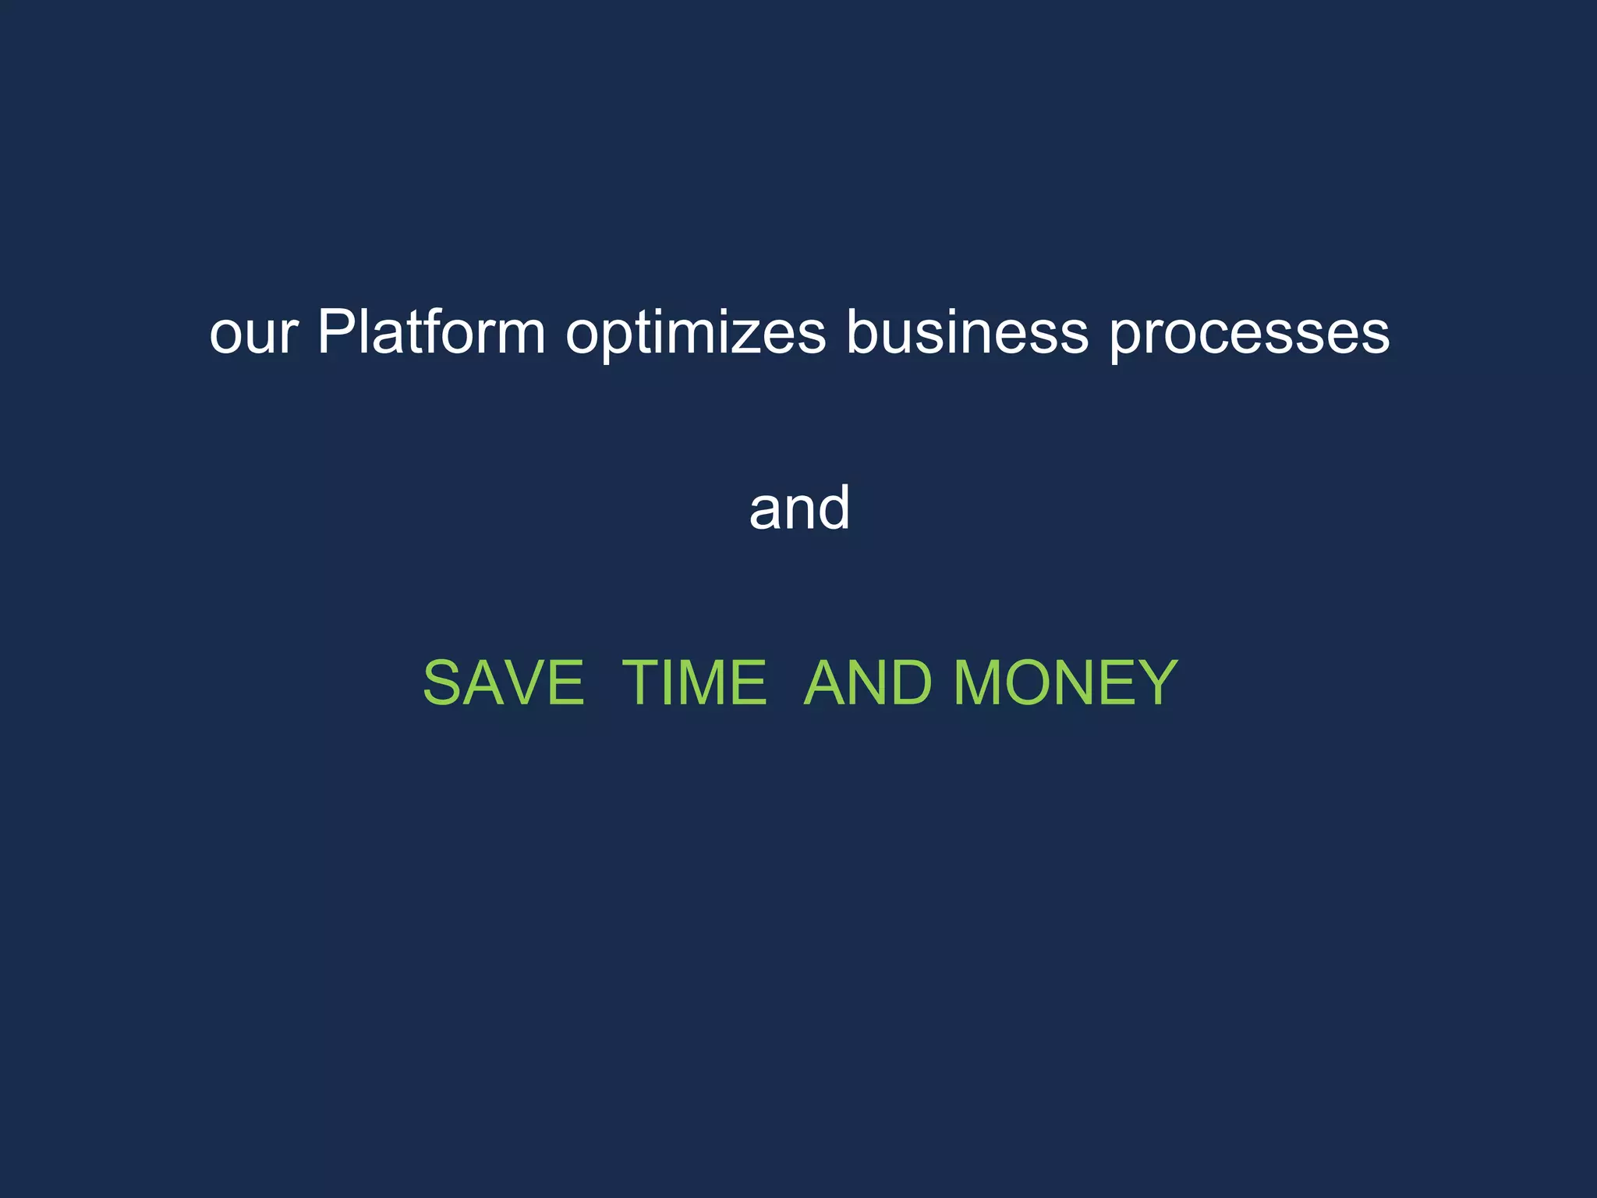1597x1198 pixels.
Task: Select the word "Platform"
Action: tap(431, 332)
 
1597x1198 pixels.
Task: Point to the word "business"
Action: tap(967, 332)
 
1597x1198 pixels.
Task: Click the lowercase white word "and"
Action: tap(799, 509)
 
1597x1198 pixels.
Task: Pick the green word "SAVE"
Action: tap(503, 683)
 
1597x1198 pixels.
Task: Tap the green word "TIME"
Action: tap(694, 683)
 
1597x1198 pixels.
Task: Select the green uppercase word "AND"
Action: tap(867, 683)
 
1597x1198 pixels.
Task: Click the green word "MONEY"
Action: tap(1065, 683)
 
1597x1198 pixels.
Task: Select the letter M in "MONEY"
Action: tap(980, 683)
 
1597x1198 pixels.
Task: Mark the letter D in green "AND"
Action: tap(909, 683)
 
